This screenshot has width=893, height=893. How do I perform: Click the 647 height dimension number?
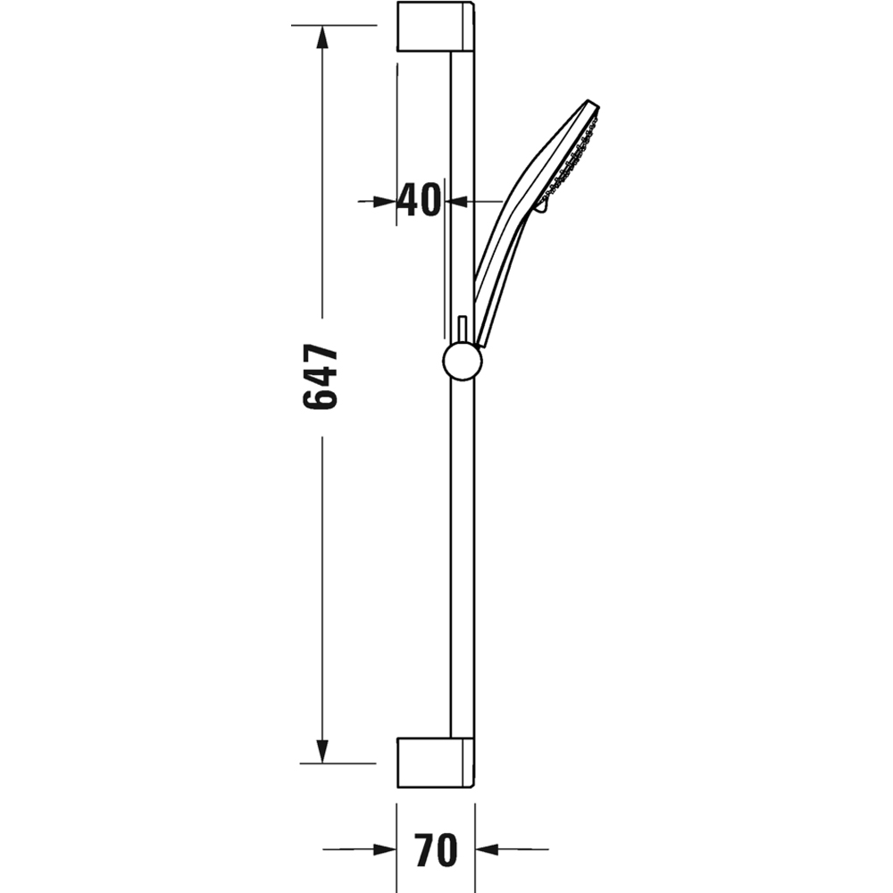click(x=321, y=377)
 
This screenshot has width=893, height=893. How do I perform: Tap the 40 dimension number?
click(x=419, y=201)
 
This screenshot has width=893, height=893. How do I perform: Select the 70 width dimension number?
click(x=435, y=850)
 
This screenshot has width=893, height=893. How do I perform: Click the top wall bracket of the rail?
click(x=435, y=27)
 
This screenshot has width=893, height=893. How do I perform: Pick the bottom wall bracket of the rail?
click(x=435, y=764)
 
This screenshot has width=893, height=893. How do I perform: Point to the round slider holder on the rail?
click(x=462, y=362)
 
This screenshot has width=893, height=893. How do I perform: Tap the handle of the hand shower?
click(x=500, y=259)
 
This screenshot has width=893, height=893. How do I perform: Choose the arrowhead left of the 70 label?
click(x=385, y=850)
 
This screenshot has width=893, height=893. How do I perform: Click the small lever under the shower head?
click(x=539, y=207)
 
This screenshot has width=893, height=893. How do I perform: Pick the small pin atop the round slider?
click(x=462, y=329)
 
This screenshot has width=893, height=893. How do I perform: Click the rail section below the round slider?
click(x=463, y=554)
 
